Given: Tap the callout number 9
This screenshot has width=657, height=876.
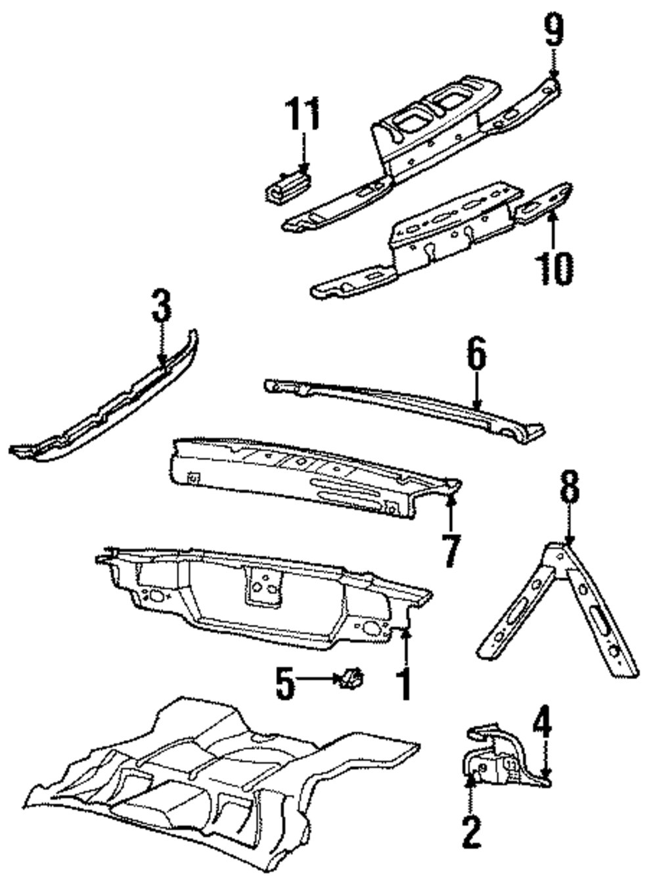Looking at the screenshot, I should (x=554, y=30).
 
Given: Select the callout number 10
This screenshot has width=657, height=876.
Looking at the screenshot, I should (x=553, y=268).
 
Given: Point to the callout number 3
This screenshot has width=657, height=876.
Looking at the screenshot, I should (x=160, y=307).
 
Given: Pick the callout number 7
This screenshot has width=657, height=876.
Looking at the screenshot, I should (x=451, y=550).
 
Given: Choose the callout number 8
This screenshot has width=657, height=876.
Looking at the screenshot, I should (x=569, y=489).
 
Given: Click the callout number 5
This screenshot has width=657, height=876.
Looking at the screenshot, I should (x=284, y=683).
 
